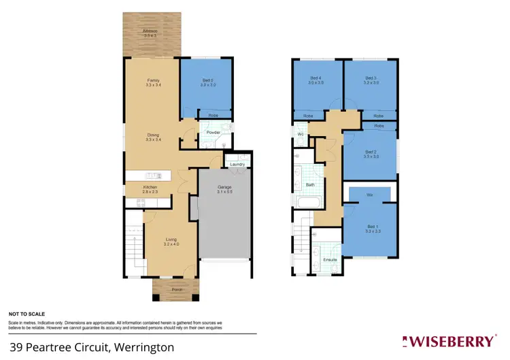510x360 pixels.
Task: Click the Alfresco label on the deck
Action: point(150,31)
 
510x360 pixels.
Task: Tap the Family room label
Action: point(152,80)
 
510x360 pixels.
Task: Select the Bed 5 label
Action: point(207,80)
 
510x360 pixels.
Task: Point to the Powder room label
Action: point(213,132)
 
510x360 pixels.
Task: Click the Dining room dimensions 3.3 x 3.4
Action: point(153,140)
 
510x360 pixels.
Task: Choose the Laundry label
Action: point(237,164)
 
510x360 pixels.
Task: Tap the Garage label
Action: point(225,186)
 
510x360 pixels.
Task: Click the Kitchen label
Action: point(150,187)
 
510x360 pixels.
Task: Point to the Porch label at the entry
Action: point(175,289)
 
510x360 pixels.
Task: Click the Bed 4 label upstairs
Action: point(316,78)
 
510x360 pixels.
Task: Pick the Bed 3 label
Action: point(371,78)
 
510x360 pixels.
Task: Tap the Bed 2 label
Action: point(371,152)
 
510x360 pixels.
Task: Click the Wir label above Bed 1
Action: point(370,195)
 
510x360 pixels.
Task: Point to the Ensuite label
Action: point(330,260)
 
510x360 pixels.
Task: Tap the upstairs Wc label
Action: point(299,135)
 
